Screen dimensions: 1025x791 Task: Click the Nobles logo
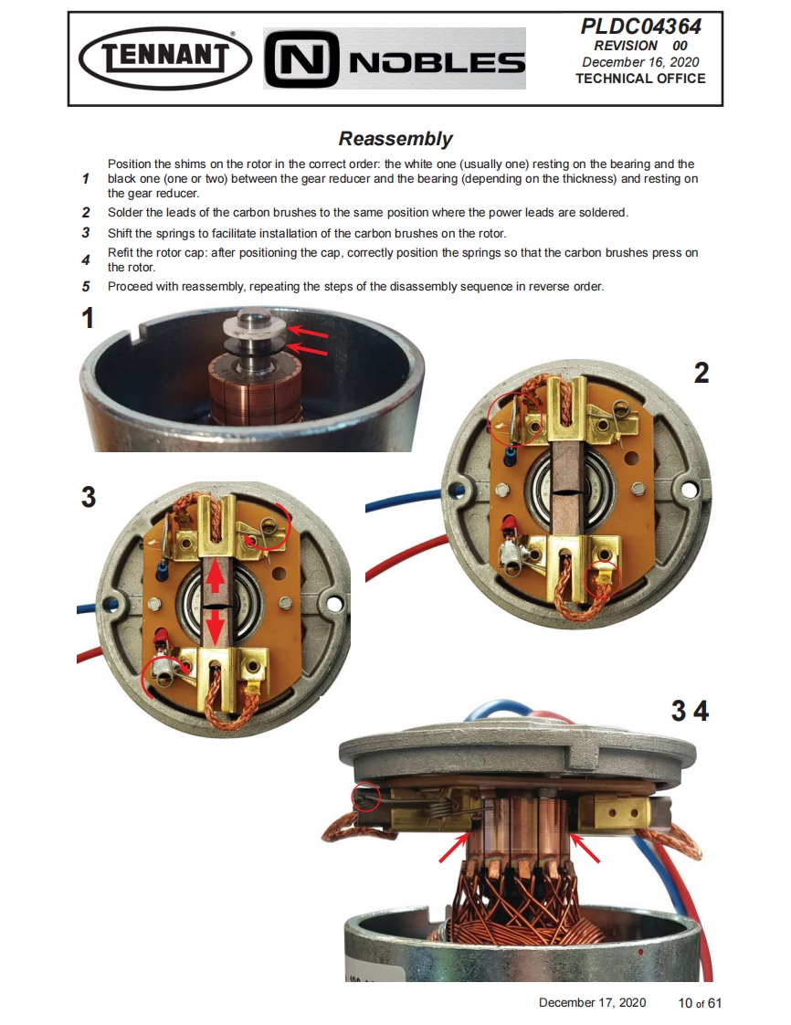395,58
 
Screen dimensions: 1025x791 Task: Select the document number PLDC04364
640,26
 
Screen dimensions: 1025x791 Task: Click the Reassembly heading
395,139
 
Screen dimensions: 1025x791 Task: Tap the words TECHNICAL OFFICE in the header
640,79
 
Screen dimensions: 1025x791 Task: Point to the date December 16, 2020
640,62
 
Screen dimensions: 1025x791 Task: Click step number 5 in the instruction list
86,287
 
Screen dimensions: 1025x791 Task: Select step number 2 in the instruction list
86,213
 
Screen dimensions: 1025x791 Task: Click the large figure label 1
88,319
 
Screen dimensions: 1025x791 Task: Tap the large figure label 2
701,373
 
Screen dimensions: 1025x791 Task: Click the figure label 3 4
690,711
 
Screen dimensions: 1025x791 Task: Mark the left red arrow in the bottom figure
453,848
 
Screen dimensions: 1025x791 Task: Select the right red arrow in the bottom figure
585,848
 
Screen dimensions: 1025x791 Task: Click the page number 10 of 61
700,1003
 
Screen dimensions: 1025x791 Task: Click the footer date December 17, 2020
592,1003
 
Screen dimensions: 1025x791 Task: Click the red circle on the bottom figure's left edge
366,798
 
